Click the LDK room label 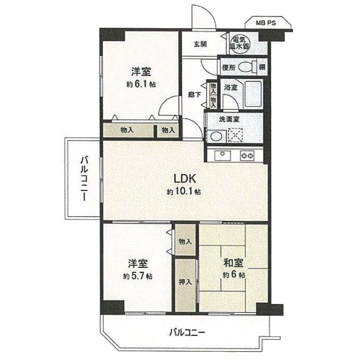(x=185, y=179)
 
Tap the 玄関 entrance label (x=200, y=44)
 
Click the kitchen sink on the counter (x=223, y=155)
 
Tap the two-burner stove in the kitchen (x=247, y=156)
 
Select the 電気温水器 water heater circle (x=239, y=43)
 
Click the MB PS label (x=266, y=23)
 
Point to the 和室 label (x=233, y=263)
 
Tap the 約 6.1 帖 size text (x=141, y=84)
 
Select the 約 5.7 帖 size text (x=137, y=276)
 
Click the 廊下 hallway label (x=195, y=95)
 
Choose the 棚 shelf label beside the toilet (x=262, y=67)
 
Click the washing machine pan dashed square (x=235, y=135)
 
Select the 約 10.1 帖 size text (x=184, y=192)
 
